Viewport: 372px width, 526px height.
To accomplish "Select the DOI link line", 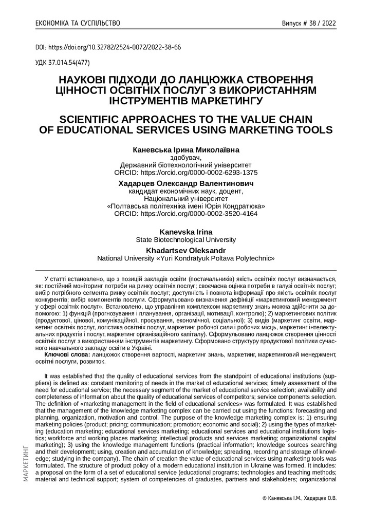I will (x=108, y=47).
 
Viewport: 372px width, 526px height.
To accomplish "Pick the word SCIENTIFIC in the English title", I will (x=100, y=118).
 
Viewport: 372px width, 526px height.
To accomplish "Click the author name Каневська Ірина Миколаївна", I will (x=186, y=150).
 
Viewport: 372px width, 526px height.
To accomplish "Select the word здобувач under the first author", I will (x=186, y=158).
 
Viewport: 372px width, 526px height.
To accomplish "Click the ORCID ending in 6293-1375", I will (x=186, y=173).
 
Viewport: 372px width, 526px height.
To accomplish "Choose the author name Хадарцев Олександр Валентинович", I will (x=186, y=183).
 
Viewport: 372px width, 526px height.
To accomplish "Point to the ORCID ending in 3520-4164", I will (x=186, y=213).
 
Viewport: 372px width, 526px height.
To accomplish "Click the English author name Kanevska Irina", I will (x=186, y=232).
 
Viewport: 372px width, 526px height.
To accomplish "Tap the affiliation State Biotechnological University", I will (x=186, y=239).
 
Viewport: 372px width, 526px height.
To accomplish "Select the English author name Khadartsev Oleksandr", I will (x=186, y=250).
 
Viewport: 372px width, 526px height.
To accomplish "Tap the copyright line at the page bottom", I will (x=299, y=498).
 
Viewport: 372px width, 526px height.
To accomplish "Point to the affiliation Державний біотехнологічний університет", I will (x=186, y=165).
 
